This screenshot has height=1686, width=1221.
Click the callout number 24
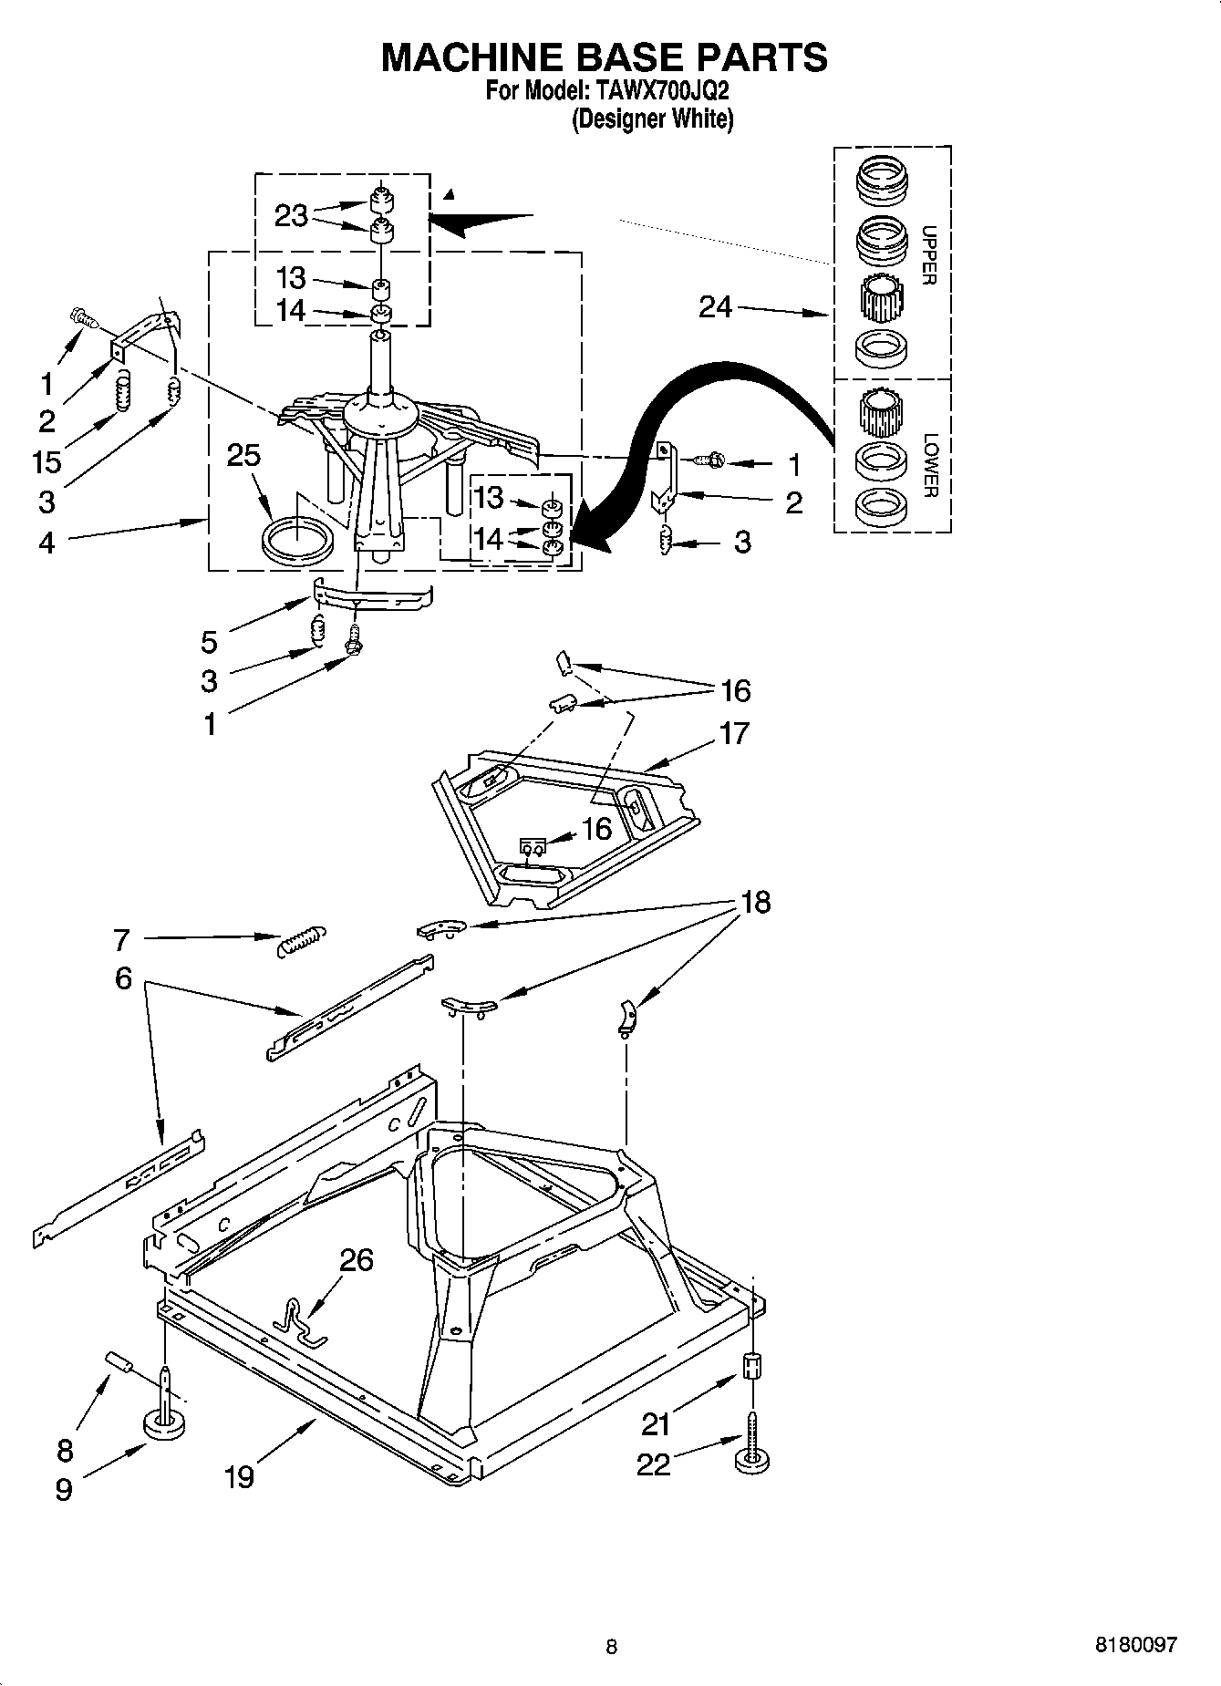(x=715, y=307)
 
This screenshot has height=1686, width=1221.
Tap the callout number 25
(x=243, y=455)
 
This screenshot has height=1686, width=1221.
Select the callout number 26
(x=357, y=1260)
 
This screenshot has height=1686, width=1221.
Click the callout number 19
(x=239, y=1476)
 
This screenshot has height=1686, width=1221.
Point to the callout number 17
(x=734, y=733)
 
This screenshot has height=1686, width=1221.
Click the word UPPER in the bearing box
(x=927, y=255)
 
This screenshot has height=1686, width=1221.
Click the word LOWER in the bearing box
(x=929, y=465)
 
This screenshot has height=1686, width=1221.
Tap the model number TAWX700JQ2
(x=662, y=91)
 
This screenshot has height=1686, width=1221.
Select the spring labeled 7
(x=300, y=939)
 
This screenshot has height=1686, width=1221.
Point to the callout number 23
(x=291, y=215)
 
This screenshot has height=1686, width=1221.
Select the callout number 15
(x=46, y=461)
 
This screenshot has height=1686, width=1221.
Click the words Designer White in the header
(x=653, y=119)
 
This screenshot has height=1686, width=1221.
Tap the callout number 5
(x=210, y=642)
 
